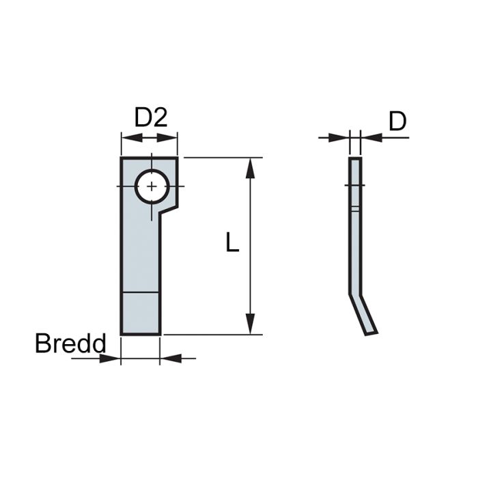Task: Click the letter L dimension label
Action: pyautogui.click(x=233, y=242)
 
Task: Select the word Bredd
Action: pyautogui.click(x=70, y=343)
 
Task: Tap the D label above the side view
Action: pyautogui.click(x=397, y=122)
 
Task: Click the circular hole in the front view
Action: pyautogui.click(x=152, y=186)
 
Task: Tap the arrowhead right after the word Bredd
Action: pyautogui.click(x=111, y=358)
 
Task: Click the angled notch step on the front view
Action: pyautogui.click(x=169, y=206)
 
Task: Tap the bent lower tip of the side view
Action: pyautogui.click(x=371, y=332)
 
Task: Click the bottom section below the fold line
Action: pyautogui.click(x=141, y=313)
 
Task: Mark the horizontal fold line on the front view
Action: pyautogui.click(x=141, y=292)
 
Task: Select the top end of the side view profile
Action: pyautogui.click(x=355, y=159)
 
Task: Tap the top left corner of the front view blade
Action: pyautogui.click(x=122, y=158)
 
